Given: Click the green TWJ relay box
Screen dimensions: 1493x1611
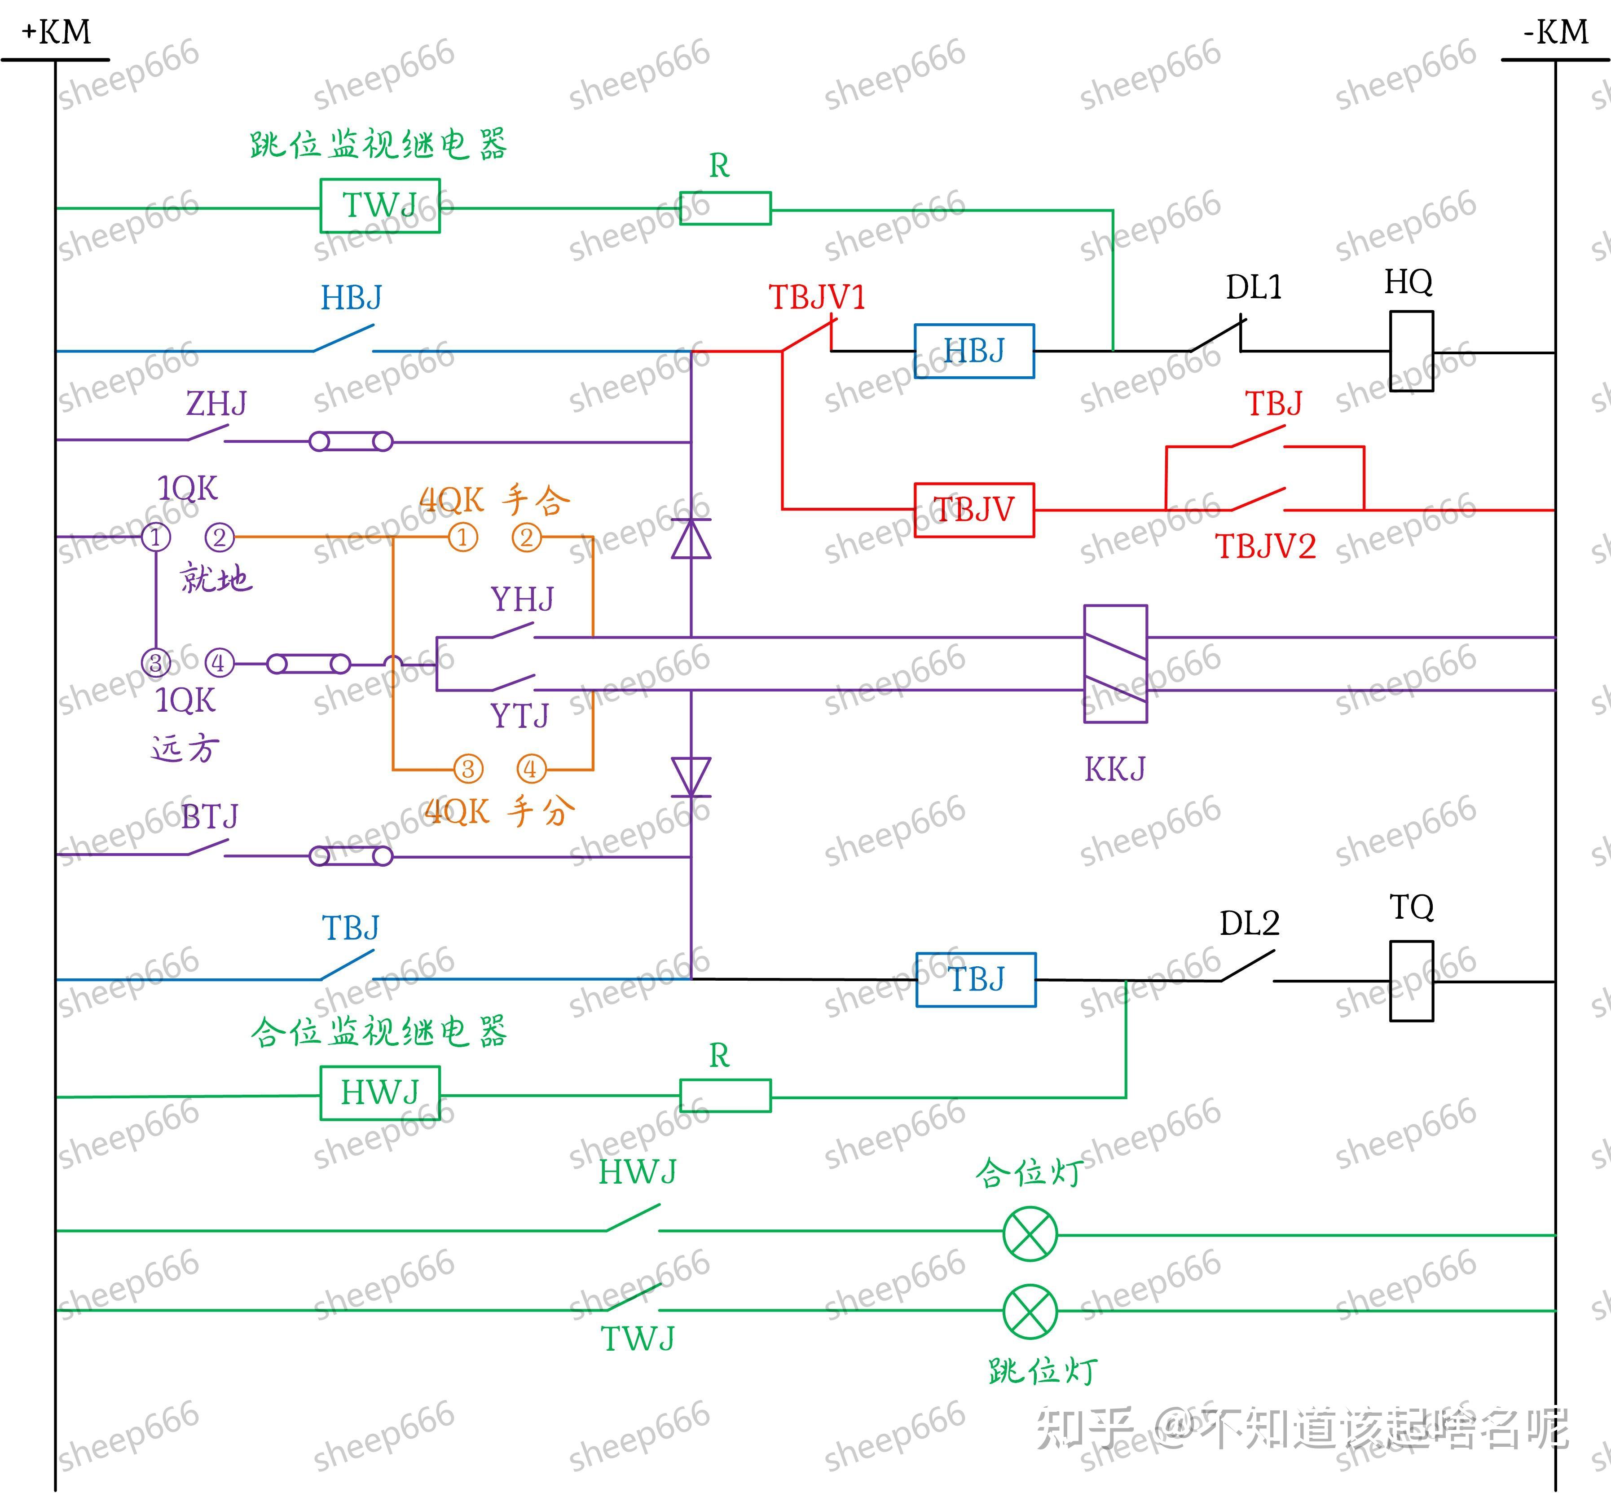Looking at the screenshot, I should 380,206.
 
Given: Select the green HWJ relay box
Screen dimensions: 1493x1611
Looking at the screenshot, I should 380,1093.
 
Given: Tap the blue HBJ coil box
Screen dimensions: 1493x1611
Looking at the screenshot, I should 973,352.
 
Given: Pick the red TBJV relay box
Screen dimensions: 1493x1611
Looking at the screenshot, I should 973,510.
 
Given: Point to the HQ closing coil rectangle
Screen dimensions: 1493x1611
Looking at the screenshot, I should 1412,352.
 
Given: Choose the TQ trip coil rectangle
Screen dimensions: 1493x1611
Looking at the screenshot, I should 1412,981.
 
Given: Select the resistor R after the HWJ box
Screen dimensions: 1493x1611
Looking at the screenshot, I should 725,1096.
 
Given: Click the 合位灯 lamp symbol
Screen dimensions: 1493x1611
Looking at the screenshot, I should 1030,1233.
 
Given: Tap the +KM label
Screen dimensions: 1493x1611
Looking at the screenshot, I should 57,32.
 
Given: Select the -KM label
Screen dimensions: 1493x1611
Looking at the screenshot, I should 1555,32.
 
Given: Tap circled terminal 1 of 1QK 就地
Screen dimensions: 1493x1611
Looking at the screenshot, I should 156,537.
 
